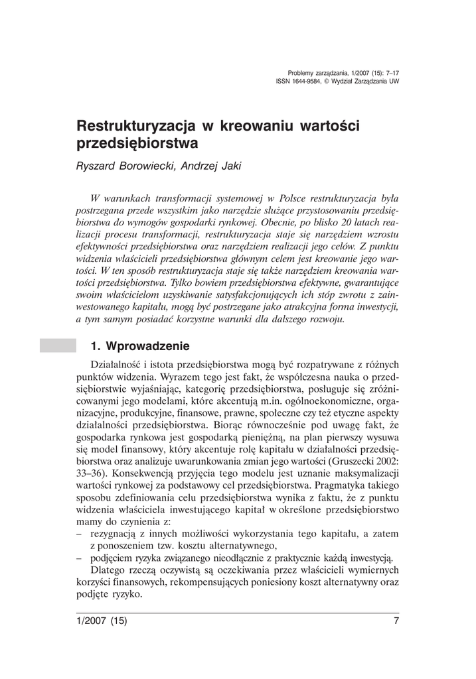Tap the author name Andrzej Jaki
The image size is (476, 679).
213,166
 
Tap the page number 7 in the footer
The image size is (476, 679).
396,621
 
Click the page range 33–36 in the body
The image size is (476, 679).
93,473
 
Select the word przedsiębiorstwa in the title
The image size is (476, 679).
137,143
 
